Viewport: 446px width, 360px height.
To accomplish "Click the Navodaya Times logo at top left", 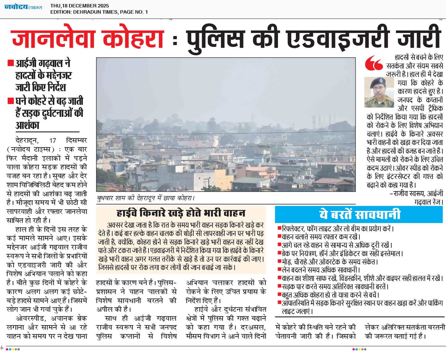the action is point(23,7).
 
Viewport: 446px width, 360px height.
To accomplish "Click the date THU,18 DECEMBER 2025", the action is point(80,6).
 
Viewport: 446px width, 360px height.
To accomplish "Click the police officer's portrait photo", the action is point(379,92).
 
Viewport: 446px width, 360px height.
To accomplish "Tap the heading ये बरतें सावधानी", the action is point(359,215).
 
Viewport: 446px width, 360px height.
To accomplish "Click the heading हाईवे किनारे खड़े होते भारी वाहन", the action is point(181,213).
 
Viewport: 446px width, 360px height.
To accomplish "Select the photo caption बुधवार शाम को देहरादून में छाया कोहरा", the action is point(146,198).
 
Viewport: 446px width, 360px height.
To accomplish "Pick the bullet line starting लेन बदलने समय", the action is point(321,270).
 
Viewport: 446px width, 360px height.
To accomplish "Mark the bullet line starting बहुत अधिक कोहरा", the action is point(330,295).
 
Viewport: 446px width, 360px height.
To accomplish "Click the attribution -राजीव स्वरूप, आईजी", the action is point(416,194).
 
